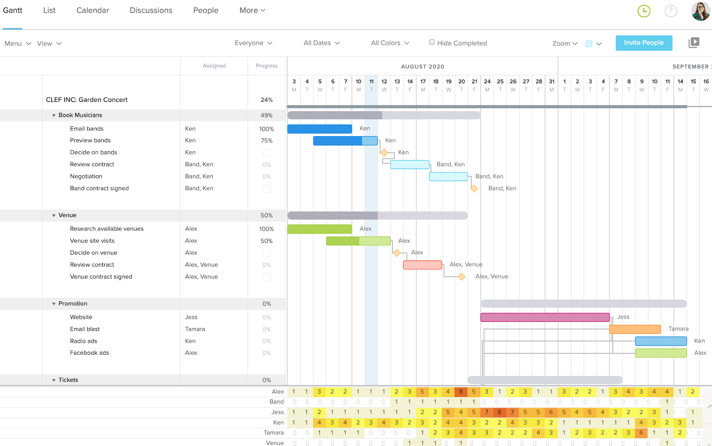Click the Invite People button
tap(643, 43)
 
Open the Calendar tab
tap(93, 10)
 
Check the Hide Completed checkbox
tap(432, 42)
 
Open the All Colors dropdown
tap(390, 43)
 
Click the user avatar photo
tap(700, 11)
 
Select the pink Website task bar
tap(545, 317)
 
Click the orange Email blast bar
tap(635, 329)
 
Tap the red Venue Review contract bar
tap(422, 265)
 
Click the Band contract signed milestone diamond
tap(474, 189)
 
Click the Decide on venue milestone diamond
tap(396, 253)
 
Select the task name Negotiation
tap(86, 176)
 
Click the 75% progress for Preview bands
tap(267, 141)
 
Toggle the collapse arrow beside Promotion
tap(54, 304)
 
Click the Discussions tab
tap(151, 10)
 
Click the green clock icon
tap(644, 11)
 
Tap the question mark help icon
tap(671, 11)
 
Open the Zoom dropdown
tap(565, 43)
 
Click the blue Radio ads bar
tap(660, 341)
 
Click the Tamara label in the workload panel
tap(273, 433)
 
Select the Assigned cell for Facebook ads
tap(191, 353)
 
